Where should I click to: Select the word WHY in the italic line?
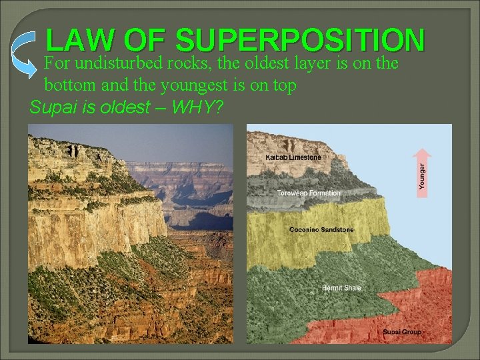click(x=198, y=107)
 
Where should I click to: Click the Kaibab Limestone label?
click(x=293, y=157)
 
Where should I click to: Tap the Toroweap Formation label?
click(x=309, y=193)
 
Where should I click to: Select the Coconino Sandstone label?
click(x=321, y=230)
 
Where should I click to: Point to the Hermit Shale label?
click(x=341, y=288)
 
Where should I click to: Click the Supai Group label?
click(x=401, y=332)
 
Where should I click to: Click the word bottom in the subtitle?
click(x=67, y=85)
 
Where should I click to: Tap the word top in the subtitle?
click(x=283, y=85)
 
